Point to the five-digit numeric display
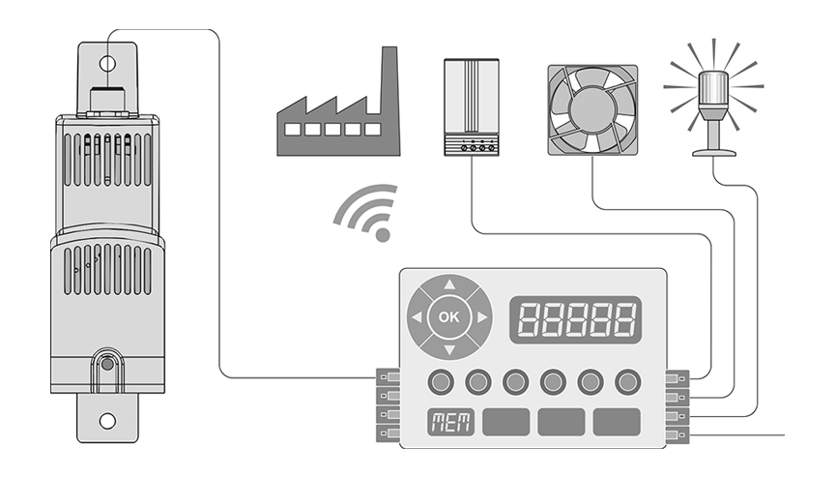(x=576, y=317)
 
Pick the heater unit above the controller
(x=471, y=106)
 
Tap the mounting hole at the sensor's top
(x=108, y=65)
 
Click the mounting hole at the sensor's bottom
(x=108, y=420)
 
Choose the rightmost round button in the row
(x=627, y=381)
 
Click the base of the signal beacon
(x=714, y=150)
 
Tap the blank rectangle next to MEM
(x=504, y=423)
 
